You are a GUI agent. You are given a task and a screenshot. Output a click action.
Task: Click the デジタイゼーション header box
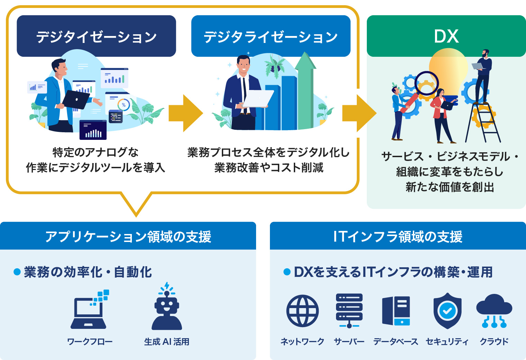click(x=96, y=36)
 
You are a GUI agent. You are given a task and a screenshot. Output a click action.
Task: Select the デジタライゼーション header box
click(x=271, y=36)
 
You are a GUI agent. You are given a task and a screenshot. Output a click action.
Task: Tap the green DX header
click(x=446, y=36)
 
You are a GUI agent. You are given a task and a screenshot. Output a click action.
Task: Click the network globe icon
click(x=302, y=311)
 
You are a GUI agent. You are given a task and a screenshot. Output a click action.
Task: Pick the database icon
click(x=396, y=310)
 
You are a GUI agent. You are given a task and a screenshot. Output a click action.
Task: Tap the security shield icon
click(x=447, y=310)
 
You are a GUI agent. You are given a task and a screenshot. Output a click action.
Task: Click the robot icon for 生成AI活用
click(x=167, y=307)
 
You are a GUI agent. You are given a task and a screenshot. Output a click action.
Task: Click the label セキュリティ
click(x=447, y=342)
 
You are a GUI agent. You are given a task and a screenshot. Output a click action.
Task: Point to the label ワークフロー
click(x=90, y=342)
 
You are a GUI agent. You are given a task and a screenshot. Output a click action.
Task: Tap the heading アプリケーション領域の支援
click(x=128, y=236)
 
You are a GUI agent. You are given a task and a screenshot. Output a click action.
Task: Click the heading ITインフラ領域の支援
click(x=398, y=236)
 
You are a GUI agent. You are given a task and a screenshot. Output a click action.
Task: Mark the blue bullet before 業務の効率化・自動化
click(x=17, y=272)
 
